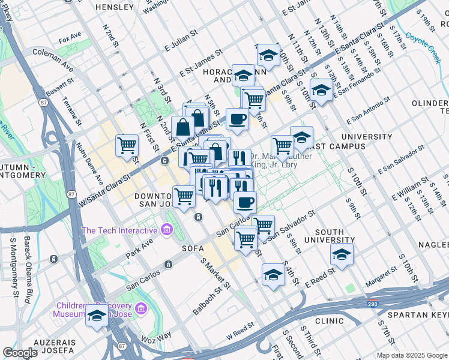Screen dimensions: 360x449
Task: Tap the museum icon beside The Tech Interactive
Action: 166,230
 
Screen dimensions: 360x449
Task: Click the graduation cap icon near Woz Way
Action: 97,316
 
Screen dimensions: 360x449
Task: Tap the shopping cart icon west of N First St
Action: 127,145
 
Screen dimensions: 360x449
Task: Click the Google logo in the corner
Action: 20,353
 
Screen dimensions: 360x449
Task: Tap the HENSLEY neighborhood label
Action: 115,7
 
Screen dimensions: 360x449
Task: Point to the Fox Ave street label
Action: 70,40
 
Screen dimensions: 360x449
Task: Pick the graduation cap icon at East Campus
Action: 301,137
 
